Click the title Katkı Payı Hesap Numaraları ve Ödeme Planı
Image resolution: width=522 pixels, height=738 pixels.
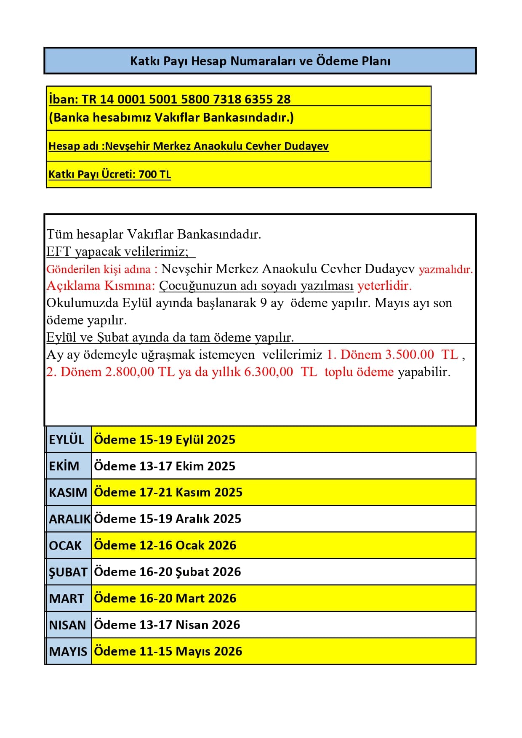pyautogui.click(x=260, y=61)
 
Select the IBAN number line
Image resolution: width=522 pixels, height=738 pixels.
pyautogui.click(x=170, y=99)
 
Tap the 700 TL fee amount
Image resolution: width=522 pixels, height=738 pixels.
pyautogui.click(x=154, y=174)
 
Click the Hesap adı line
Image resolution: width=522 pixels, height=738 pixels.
pyautogui.click(x=188, y=146)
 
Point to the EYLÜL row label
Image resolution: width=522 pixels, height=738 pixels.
pyautogui.click(x=67, y=440)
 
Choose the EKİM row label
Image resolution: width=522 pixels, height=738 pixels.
pyautogui.click(x=64, y=466)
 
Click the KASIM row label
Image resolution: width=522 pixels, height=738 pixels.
pyautogui.click(x=68, y=492)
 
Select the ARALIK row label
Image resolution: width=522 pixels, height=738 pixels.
pyautogui.click(x=69, y=519)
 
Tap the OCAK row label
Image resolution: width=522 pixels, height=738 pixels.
pyautogui.click(x=65, y=545)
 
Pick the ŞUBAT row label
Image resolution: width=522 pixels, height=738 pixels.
pyautogui.click(x=68, y=572)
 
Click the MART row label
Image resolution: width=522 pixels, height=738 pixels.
pyautogui.click(x=66, y=598)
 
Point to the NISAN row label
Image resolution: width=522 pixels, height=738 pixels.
pyautogui.click(x=67, y=625)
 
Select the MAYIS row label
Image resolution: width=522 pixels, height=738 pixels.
pyautogui.click(x=68, y=651)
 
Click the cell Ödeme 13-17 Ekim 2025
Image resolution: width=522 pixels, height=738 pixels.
pyautogui.click(x=165, y=466)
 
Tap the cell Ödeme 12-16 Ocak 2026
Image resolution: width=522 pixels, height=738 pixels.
pyautogui.click(x=165, y=545)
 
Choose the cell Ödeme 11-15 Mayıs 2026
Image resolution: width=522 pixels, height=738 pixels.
pyautogui.click(x=168, y=651)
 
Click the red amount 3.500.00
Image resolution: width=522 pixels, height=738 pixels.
pyautogui.click(x=409, y=354)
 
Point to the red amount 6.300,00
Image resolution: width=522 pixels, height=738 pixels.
pyautogui.click(x=269, y=372)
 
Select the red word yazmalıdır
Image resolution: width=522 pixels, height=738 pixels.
pyautogui.click(x=446, y=269)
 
